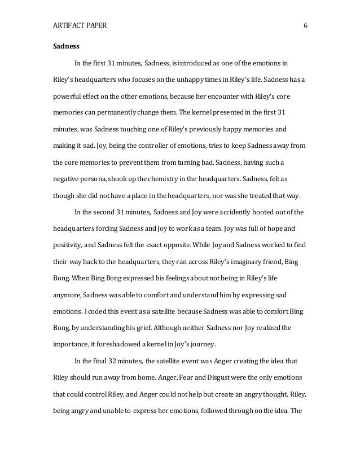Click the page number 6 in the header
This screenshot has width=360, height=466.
tap(305, 26)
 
